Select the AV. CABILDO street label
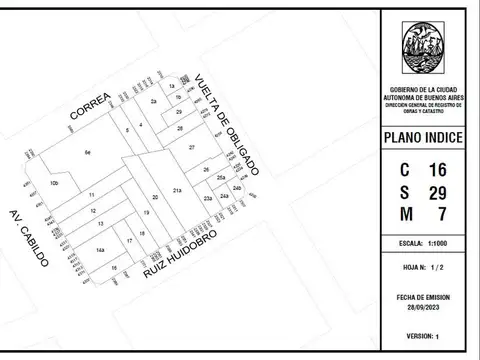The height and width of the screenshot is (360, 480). click(29, 240)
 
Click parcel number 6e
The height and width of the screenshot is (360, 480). click(87, 152)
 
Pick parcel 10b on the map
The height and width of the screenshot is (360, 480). click(55, 184)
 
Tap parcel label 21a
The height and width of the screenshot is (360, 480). click(176, 190)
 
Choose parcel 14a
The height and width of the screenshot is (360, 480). click(100, 249)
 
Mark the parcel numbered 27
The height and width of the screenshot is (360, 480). click(191, 147)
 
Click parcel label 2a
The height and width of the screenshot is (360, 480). click(153, 102)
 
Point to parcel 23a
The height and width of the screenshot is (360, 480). click(207, 200)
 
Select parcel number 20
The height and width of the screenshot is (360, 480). click(155, 197)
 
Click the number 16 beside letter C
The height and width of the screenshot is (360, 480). click(437, 170)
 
